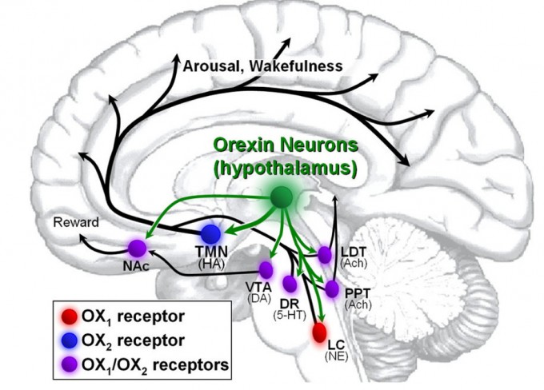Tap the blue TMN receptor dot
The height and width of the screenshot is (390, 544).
[210, 235]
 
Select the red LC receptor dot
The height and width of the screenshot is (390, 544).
[320, 330]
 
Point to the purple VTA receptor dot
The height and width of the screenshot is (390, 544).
[266, 269]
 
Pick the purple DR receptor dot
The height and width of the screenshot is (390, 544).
[290, 284]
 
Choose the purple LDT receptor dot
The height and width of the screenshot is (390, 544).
[325, 253]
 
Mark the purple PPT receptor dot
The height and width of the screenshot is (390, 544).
[331, 286]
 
